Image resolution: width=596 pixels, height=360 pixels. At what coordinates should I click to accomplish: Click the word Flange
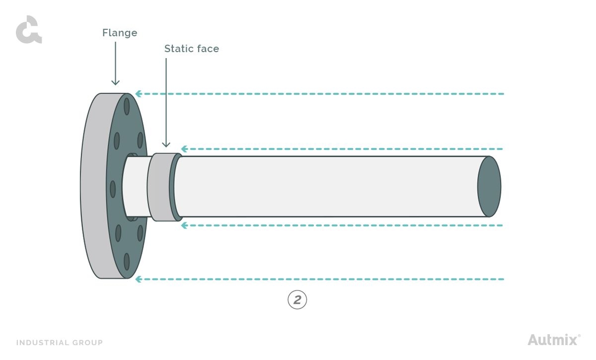(x=120, y=33)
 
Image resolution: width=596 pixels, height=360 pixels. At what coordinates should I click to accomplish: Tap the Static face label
(x=191, y=49)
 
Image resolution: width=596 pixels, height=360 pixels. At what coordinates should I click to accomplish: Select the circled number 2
(x=298, y=300)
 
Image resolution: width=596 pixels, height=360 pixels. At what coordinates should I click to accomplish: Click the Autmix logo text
(x=552, y=340)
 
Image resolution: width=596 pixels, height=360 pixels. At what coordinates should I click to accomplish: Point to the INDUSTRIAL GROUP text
(x=60, y=343)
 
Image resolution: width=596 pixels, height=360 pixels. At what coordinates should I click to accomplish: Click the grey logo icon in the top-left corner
(x=28, y=30)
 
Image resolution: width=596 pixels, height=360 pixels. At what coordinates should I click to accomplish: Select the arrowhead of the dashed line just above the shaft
(x=184, y=149)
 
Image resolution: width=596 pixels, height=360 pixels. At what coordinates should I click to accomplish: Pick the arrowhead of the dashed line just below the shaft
(x=184, y=225)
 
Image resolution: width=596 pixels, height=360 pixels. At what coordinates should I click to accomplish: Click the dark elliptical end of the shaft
(x=489, y=187)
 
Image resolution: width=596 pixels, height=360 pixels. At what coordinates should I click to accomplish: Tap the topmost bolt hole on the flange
(x=127, y=106)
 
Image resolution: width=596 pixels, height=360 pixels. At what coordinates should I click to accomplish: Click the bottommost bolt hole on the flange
(x=127, y=261)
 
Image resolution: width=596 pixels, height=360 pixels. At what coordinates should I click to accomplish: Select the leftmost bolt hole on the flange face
(x=113, y=189)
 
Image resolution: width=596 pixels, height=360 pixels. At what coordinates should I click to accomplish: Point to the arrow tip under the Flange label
(x=115, y=84)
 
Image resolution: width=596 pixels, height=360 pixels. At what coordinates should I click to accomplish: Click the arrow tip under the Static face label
(x=166, y=146)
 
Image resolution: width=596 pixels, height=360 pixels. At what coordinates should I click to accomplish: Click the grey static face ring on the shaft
(x=159, y=187)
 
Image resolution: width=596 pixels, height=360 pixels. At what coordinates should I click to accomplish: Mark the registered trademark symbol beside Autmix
(x=579, y=336)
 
